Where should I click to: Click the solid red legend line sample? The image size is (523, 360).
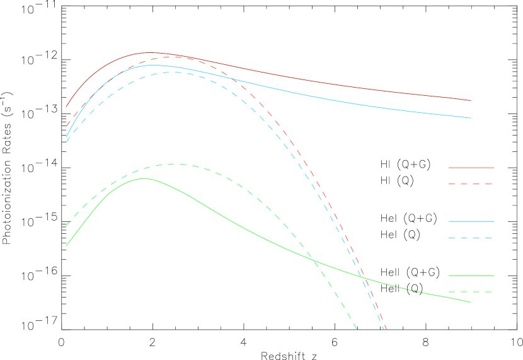tap(471, 168)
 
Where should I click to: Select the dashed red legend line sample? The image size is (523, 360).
tap(471, 184)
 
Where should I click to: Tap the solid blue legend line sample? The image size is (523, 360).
tap(471, 222)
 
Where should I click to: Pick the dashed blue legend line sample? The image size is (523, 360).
tap(471, 238)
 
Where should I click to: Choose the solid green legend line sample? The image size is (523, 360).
tap(471, 276)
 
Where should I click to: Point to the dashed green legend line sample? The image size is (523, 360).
tap(471, 292)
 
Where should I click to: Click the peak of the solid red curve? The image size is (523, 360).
tap(150, 53)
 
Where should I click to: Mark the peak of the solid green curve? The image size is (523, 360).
tap(144, 178)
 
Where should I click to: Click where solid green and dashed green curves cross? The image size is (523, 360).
tap(313, 260)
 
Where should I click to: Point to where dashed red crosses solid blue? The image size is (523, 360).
tap(229, 78)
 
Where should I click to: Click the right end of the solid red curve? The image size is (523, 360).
tap(471, 100)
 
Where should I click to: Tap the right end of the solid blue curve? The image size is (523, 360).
tap(471, 118)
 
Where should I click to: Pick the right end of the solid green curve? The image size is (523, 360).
tap(471, 302)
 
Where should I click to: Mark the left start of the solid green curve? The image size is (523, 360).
tap(66, 246)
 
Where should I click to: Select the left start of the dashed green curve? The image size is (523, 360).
tap(66, 225)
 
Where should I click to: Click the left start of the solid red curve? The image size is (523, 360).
tap(66, 107)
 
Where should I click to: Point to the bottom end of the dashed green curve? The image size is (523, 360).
tap(357, 328)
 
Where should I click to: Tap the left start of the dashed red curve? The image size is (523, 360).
tap(66, 126)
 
